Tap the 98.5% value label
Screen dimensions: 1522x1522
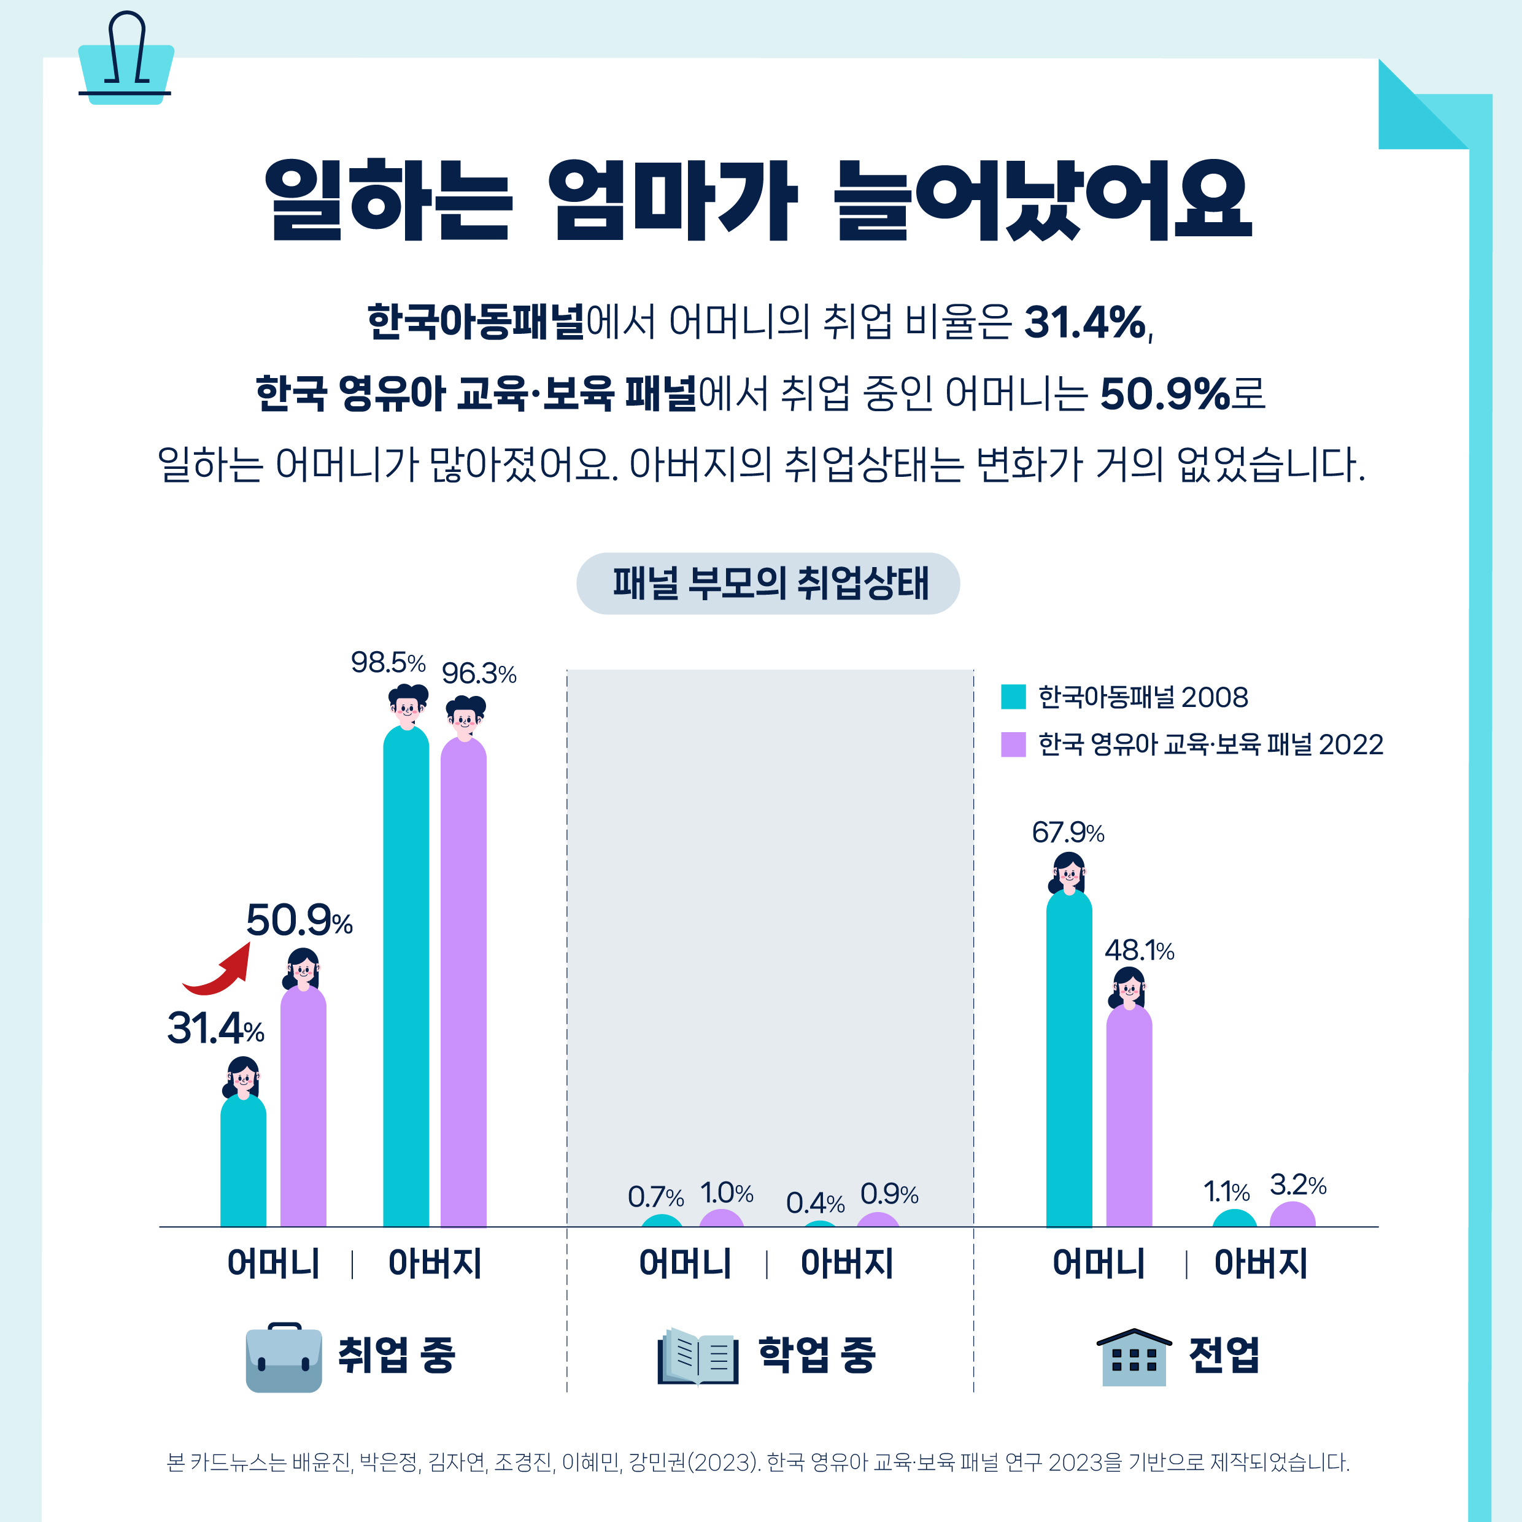pos(388,663)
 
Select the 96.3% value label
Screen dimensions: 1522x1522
pos(478,674)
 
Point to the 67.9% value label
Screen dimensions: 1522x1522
pos(1067,833)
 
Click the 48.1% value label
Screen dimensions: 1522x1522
pos(1138,951)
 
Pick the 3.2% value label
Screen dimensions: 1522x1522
pos(1297,1185)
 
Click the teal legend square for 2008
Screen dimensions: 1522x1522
pos(1013,697)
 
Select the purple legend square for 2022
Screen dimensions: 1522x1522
pos(1013,744)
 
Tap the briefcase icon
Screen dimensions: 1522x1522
pos(284,1356)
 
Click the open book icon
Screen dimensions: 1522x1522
pos(698,1356)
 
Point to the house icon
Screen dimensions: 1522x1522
pos(1134,1356)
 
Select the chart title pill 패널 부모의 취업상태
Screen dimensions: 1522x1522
pos(768,584)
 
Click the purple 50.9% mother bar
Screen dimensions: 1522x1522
pos(303,1111)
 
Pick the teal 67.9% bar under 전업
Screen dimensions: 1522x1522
pos(1068,1064)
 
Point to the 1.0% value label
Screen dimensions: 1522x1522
pos(725,1192)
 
